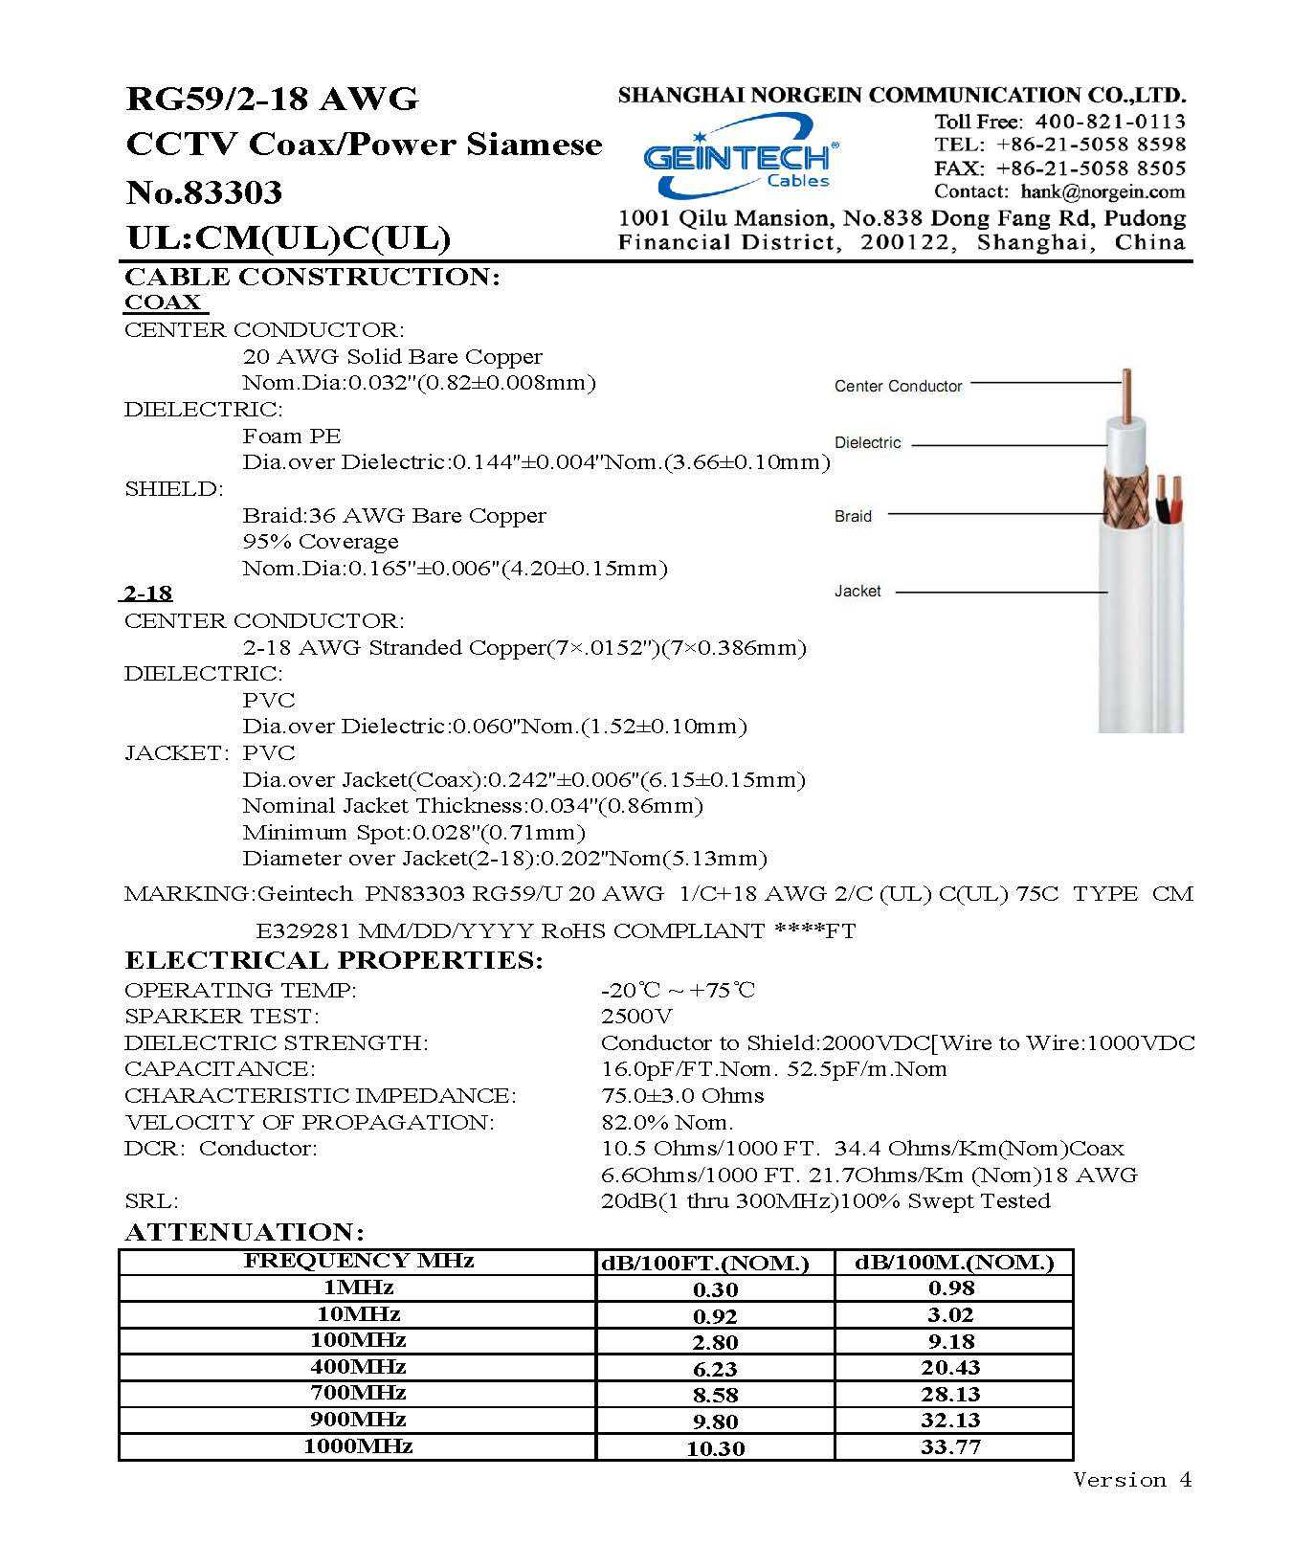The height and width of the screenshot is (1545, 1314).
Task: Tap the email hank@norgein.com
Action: [1102, 191]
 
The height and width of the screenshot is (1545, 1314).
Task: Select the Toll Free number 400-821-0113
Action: [1109, 122]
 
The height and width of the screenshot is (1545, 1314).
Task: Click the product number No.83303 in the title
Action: [204, 192]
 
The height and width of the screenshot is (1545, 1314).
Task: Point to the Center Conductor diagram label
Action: [898, 386]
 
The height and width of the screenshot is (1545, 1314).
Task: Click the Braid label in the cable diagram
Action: [853, 516]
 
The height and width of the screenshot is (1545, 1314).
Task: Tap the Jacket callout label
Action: [857, 591]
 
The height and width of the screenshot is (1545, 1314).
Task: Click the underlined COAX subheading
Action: [163, 302]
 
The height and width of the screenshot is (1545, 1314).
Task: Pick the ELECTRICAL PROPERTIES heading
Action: [333, 960]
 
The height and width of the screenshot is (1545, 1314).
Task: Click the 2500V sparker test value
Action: [636, 1016]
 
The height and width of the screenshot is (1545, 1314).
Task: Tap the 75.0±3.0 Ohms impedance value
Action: [682, 1095]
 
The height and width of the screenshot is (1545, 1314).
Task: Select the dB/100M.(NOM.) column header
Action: [953, 1263]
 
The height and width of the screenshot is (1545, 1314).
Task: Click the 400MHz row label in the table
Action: [358, 1367]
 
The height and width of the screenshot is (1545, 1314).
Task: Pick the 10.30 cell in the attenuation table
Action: [715, 1448]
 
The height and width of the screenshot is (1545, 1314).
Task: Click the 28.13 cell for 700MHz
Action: [950, 1394]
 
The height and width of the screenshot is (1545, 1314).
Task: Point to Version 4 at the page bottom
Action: [1132, 1480]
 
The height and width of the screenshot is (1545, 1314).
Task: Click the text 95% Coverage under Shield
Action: [320, 542]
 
